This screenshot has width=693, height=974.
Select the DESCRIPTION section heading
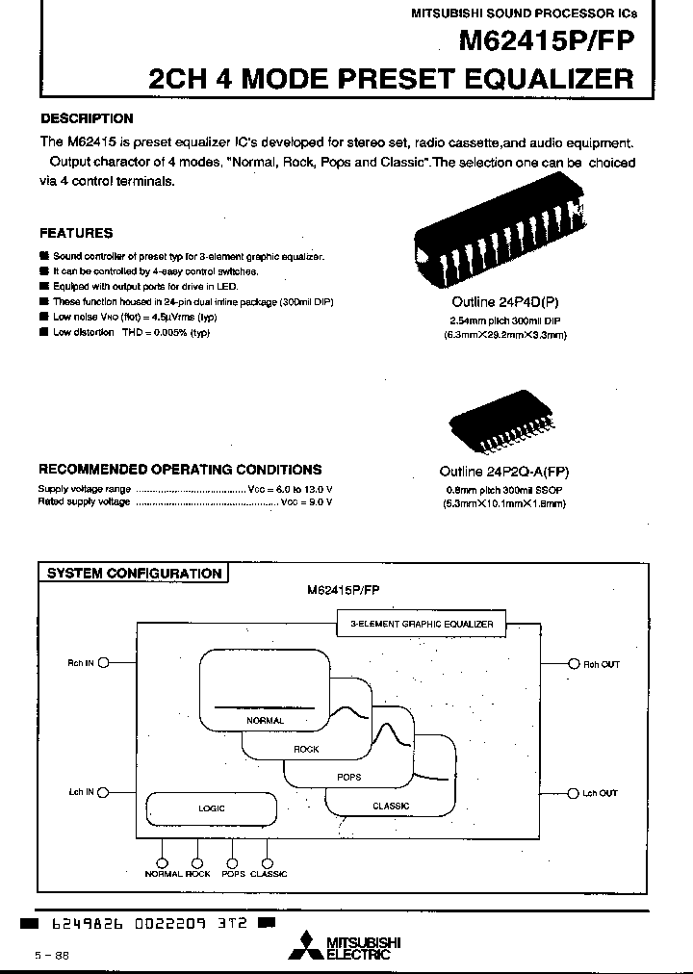coord(87,118)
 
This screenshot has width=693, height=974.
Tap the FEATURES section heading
coord(76,233)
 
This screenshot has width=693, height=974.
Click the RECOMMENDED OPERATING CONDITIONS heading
coord(180,470)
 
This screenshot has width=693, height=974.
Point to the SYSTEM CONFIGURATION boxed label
coord(135,574)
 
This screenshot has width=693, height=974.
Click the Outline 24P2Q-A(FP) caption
coord(504,473)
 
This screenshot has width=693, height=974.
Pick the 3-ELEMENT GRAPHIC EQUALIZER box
coord(421,624)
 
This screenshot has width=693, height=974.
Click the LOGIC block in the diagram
coord(211,808)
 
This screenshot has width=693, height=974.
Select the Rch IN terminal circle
coord(104,663)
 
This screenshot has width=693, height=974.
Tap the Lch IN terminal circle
coord(104,792)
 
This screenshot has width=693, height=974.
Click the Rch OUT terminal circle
coord(573,664)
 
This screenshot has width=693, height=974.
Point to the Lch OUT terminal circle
coord(573,793)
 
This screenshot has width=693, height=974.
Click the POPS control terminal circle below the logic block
coord(231,861)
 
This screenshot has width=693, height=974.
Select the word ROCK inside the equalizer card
coord(306,749)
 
